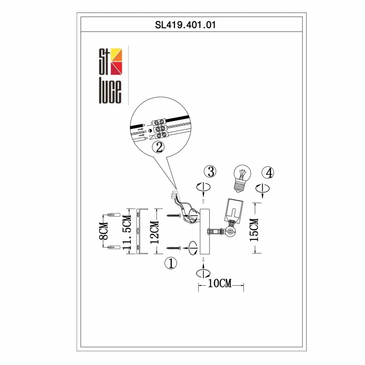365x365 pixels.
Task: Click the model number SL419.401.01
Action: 185,25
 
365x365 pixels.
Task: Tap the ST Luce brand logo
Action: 110,76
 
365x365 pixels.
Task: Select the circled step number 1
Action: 171,263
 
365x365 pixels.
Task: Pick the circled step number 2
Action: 158,147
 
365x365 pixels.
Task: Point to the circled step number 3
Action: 210,171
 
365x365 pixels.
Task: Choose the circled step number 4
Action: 268,173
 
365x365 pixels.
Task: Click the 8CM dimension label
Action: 103,231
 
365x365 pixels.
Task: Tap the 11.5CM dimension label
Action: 127,232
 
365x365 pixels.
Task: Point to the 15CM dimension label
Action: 254,230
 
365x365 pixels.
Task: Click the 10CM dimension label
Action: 220,283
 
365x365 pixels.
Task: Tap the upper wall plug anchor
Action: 114,215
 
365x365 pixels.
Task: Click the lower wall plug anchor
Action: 114,247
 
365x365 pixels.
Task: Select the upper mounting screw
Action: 174,216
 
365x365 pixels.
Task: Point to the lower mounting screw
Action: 174,248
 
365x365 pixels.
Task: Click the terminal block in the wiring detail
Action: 160,128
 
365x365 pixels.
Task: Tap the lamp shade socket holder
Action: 234,210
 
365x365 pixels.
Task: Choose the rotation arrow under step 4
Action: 262,189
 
